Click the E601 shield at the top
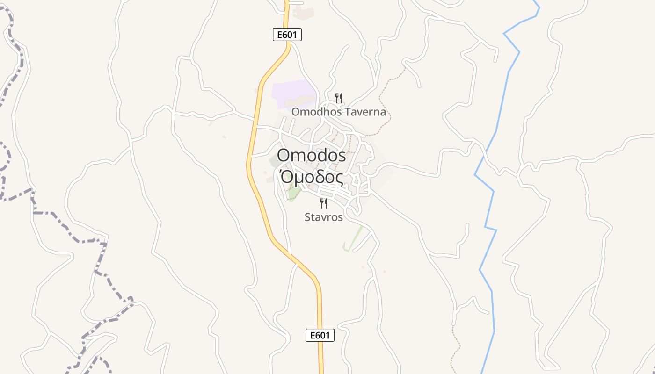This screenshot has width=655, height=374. click(x=287, y=35)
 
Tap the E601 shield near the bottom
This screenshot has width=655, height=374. click(x=320, y=335)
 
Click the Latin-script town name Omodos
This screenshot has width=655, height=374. click(x=312, y=155)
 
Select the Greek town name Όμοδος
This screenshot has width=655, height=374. click(x=312, y=178)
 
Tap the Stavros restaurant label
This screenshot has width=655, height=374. click(x=324, y=217)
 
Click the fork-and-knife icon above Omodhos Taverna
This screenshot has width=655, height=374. click(x=339, y=98)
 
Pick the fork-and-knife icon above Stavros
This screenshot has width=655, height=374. click(x=323, y=203)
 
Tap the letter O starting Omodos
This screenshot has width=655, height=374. click(x=284, y=155)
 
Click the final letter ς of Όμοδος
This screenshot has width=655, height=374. click(x=338, y=179)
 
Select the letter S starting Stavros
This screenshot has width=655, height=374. click(x=308, y=217)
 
